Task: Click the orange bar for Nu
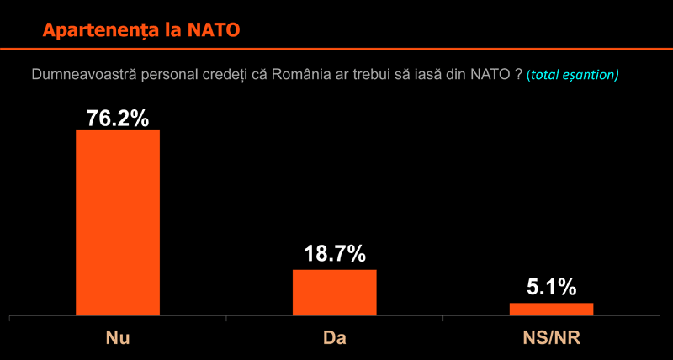pos(118,222)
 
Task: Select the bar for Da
pos(334,293)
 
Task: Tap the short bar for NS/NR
pos(552,310)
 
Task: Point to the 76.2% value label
pos(118,118)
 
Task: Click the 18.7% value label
pos(335,254)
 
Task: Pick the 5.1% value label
pos(552,288)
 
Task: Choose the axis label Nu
pos(118,338)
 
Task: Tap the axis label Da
pos(334,338)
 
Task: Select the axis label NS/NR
pos(552,338)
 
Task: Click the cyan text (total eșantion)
pos(572,75)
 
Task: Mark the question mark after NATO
pos(518,74)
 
